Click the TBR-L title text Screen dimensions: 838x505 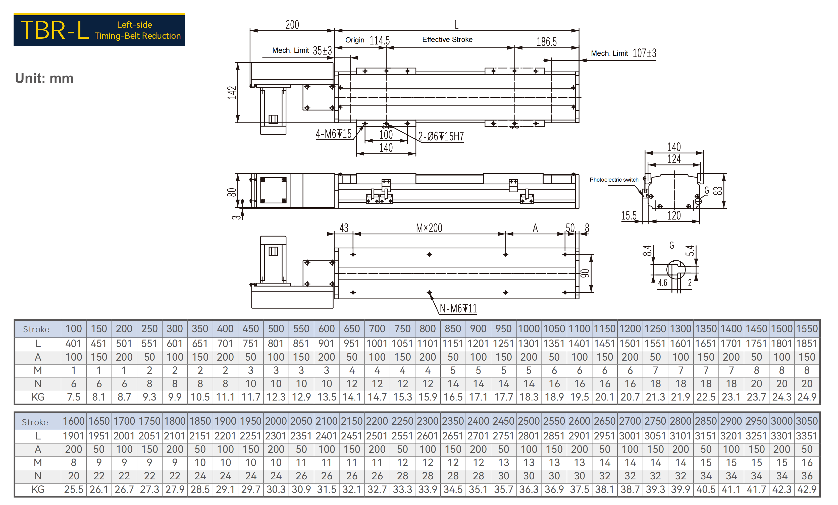pos(55,30)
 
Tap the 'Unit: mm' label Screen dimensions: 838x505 pos(44,78)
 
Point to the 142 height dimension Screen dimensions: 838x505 pos(232,92)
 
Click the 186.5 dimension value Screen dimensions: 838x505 pos(547,42)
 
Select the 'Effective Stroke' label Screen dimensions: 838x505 pos(447,39)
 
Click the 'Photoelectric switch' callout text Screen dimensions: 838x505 pos(614,180)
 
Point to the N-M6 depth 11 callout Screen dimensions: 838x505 pos(458,308)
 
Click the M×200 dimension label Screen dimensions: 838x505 pos(429,228)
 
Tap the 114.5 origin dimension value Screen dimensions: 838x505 pos(380,40)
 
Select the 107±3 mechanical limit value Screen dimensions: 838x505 pos(644,53)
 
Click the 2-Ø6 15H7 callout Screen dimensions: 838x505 pos(441,136)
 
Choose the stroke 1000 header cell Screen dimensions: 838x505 pos(529,329)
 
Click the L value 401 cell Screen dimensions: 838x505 pos(73,344)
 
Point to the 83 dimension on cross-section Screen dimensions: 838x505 pos(718,191)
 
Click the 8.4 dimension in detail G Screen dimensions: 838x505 pos(647,251)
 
